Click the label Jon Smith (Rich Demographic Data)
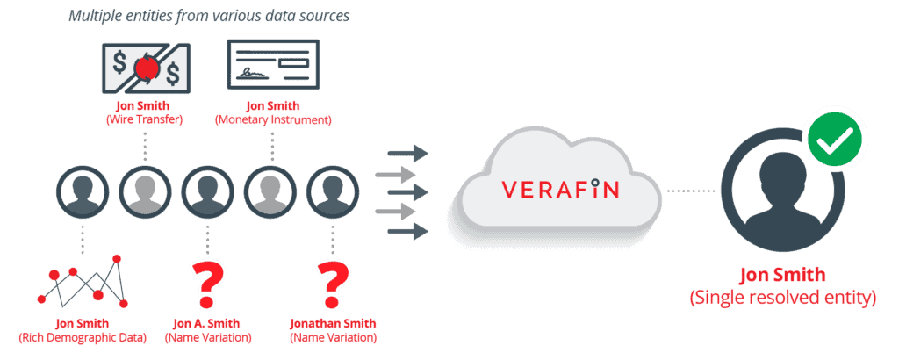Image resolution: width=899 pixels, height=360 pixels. click(x=83, y=331)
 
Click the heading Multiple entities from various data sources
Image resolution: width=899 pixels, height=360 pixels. click(x=203, y=16)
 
